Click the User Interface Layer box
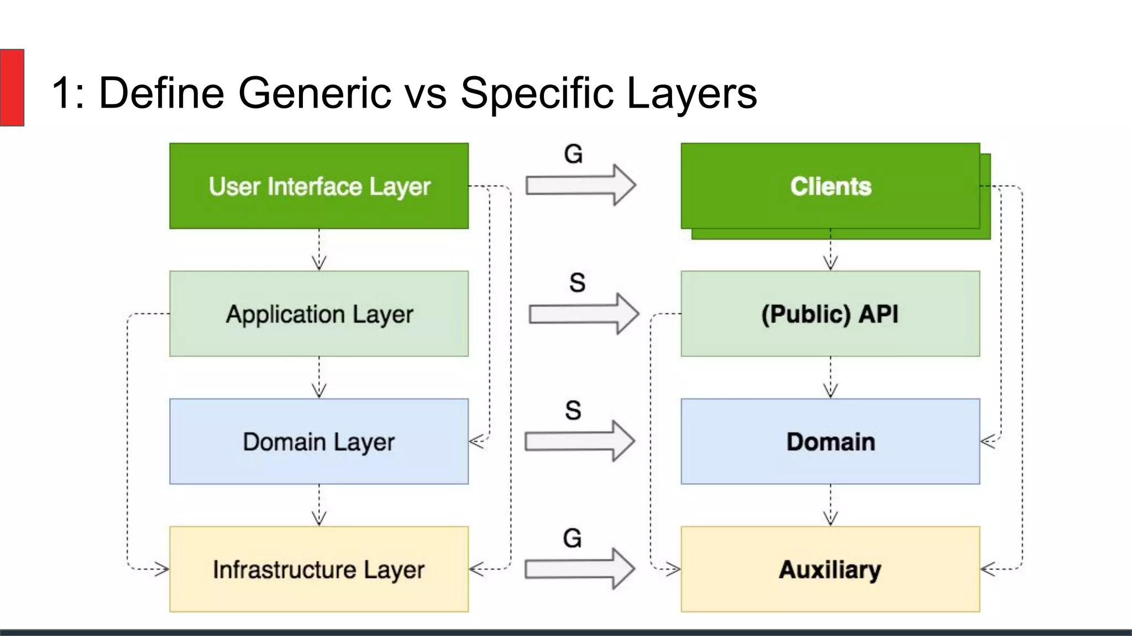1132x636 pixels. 319,186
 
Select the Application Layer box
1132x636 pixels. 319,314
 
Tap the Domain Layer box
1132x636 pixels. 319,442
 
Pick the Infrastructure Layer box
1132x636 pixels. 319,569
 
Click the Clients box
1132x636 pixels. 830,186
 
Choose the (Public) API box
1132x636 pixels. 830,314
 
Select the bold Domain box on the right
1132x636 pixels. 830,442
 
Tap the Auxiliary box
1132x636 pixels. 830,569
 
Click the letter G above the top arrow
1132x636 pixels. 573,154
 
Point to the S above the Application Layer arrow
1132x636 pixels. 577,283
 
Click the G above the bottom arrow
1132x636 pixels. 573,538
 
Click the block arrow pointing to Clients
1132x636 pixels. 580,185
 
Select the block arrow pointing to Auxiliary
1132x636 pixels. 579,569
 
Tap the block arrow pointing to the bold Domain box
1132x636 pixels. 579,441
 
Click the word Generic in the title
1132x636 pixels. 315,93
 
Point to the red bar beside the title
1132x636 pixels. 12,87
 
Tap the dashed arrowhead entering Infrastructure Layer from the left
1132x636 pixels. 162,569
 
